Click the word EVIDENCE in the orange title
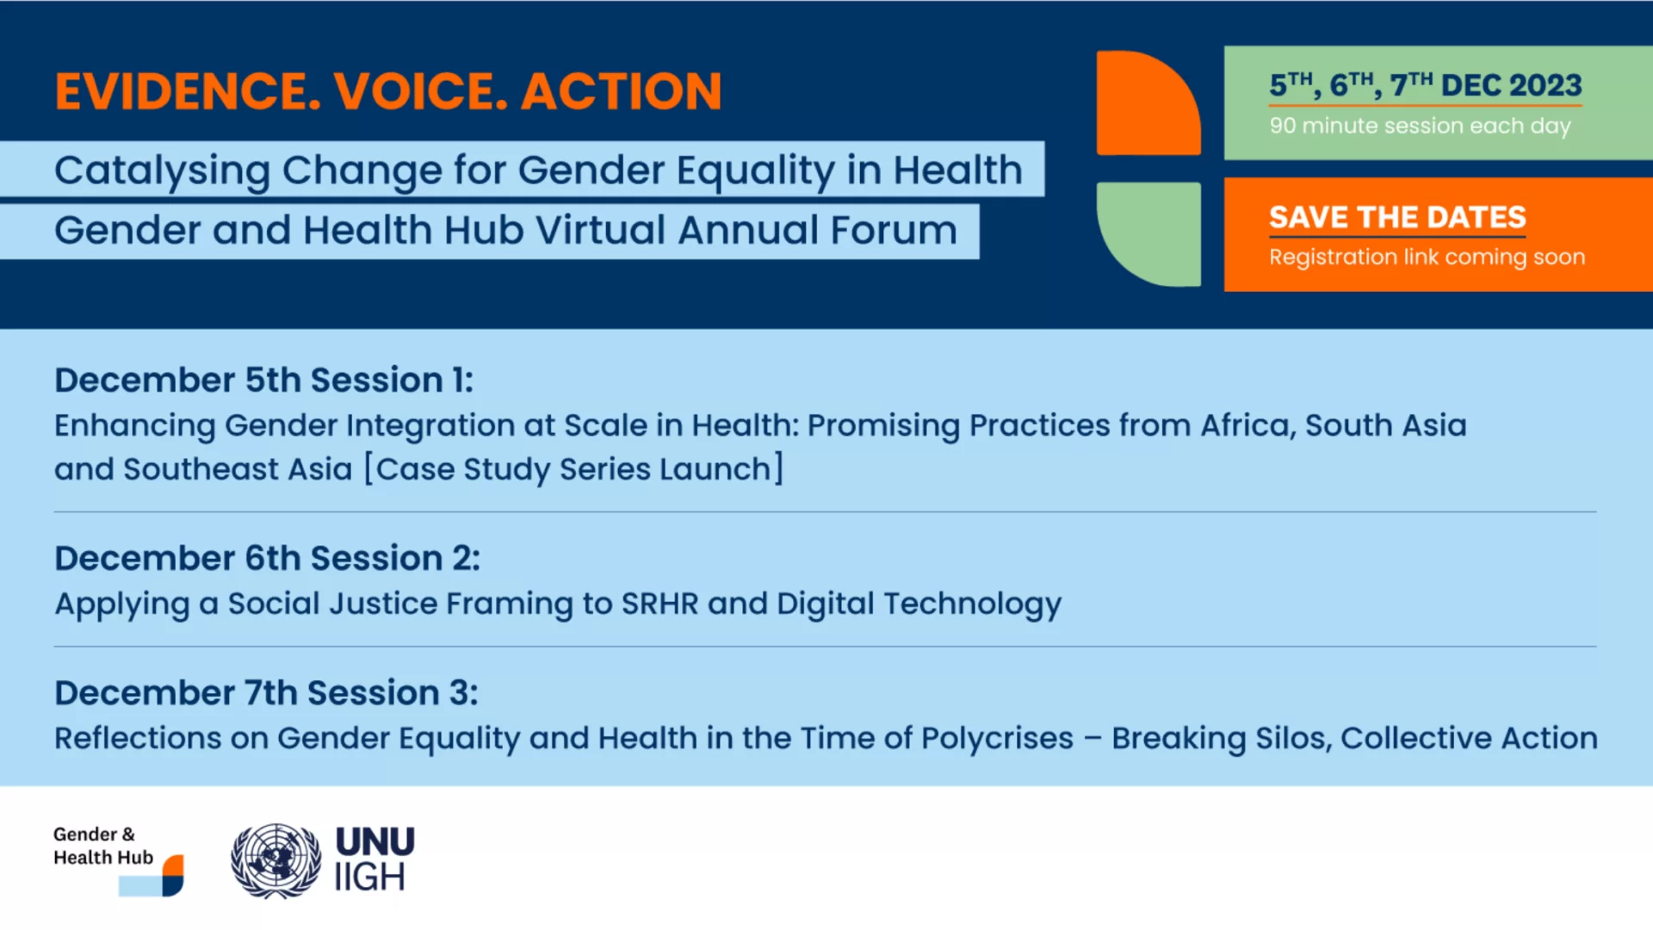188,91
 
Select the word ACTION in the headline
621,91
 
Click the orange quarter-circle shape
1148,103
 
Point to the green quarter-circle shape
1148,233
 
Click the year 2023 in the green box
1545,85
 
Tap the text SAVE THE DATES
1397,217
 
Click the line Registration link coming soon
1427,257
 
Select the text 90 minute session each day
1420,126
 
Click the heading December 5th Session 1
263,380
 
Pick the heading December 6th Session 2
267,558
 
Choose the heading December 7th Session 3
266,692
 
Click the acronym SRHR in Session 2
660,604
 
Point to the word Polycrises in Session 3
997,739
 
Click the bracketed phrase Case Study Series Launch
573,469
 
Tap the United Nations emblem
275,860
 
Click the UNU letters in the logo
375,841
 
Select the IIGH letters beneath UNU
369,877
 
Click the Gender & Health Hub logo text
103,846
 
